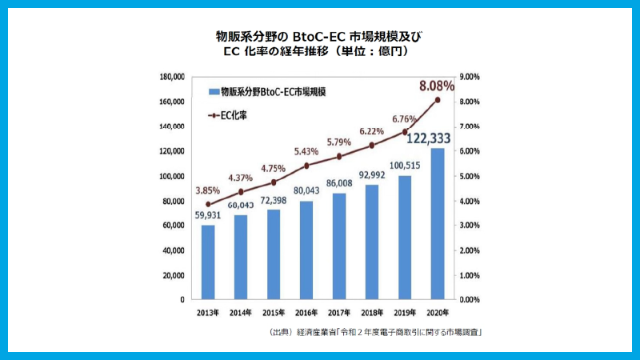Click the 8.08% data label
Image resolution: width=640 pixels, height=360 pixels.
pos(436,84)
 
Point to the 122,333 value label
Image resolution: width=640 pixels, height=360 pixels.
pos(430,138)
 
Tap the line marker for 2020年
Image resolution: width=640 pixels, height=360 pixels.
pos(438,100)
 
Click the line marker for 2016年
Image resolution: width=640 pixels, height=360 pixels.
pos(306,166)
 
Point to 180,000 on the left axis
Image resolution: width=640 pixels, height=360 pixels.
pos(172,77)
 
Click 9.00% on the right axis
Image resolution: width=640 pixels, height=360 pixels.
pos(466,77)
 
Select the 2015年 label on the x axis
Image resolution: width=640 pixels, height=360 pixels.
pos(274,312)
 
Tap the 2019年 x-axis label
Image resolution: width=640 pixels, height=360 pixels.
pos(404,312)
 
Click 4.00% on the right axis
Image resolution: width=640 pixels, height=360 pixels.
pos(466,201)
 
